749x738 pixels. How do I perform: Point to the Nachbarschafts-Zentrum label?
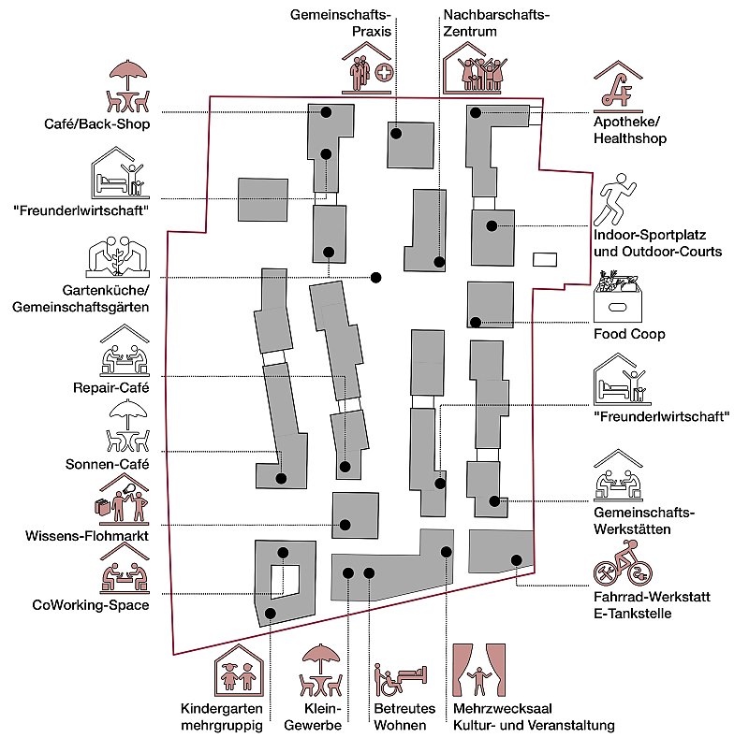pyautogui.click(x=495, y=23)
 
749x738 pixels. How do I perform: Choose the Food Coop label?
pyautogui.click(x=629, y=334)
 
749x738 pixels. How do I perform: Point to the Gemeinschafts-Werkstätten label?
pyautogui.click(x=645, y=521)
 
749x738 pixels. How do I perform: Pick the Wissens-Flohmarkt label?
pyautogui.click(x=86, y=537)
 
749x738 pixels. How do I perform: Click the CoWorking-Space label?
pyautogui.click(x=89, y=603)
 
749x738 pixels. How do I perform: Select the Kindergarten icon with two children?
pyautogui.click(x=237, y=672)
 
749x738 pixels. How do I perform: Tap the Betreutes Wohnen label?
pyautogui.click(x=400, y=716)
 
